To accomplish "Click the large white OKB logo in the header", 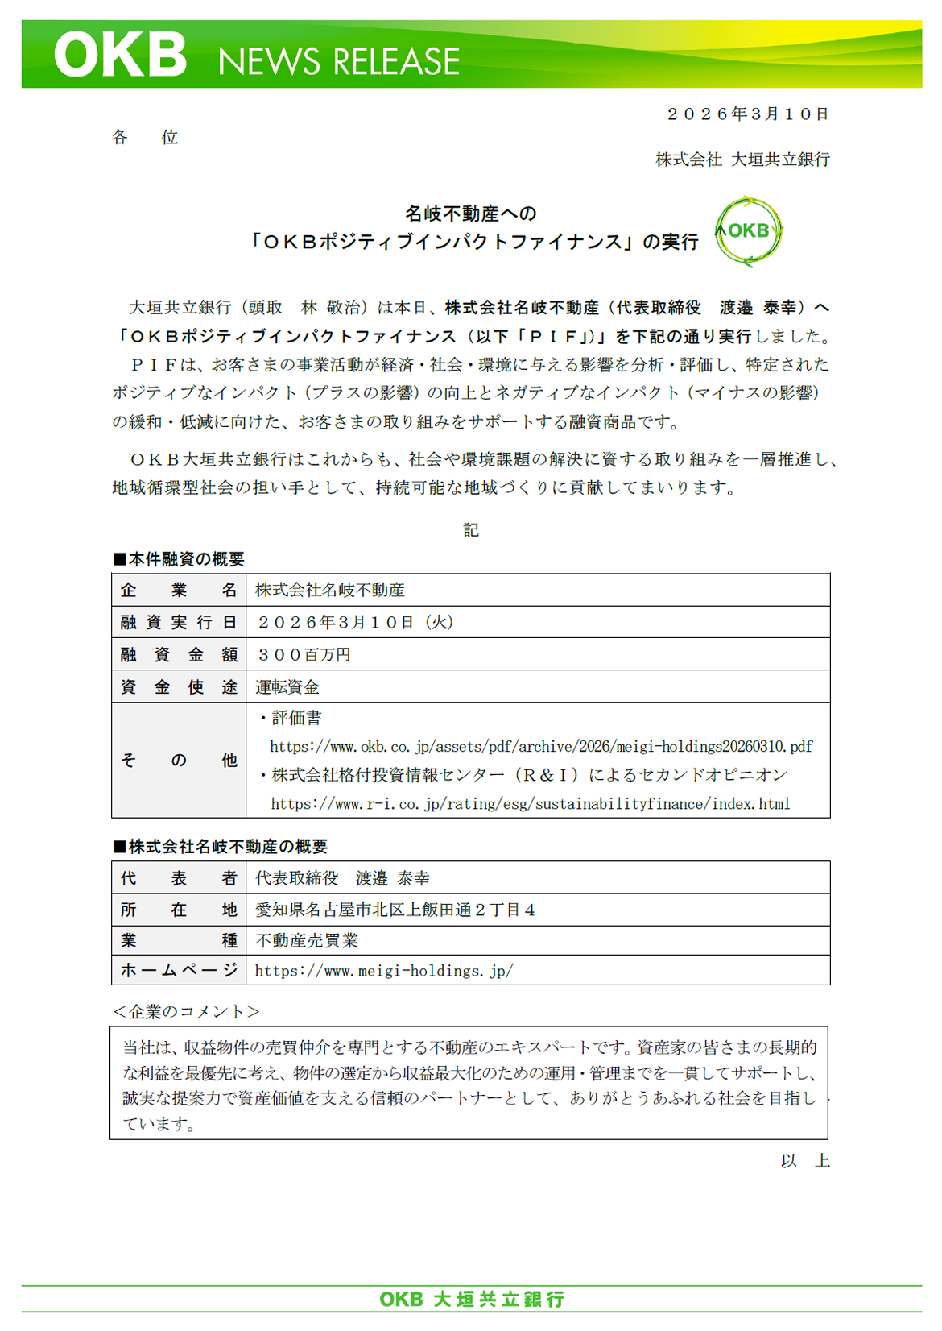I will (x=121, y=55).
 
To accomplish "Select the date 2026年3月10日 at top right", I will (x=747, y=114).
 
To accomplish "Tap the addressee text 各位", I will (x=145, y=138).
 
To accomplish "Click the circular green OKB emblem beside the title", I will (x=749, y=231).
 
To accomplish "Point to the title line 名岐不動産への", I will (x=470, y=214).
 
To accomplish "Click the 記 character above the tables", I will (x=471, y=529).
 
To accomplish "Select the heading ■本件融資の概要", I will (x=179, y=559).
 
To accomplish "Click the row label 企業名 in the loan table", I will (x=179, y=591).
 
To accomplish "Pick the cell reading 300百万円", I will (x=304, y=655).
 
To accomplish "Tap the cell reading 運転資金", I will (x=287, y=687).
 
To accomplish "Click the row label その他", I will (x=179, y=760).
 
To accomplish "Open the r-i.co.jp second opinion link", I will (x=530, y=804).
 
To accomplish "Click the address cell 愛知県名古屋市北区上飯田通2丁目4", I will (x=395, y=910).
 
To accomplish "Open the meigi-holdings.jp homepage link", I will (x=384, y=971).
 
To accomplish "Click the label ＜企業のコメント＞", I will (x=186, y=1012).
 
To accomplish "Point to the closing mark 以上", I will (x=804, y=1161).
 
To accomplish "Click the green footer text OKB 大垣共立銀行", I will (x=472, y=1299).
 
